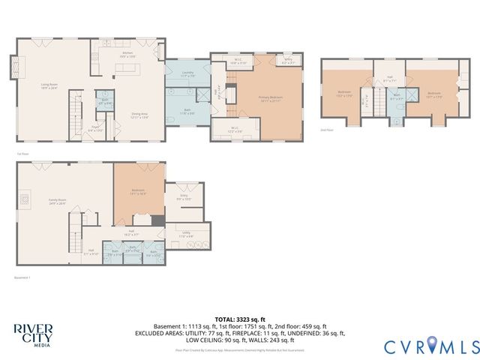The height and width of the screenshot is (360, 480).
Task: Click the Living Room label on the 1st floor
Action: pos(49,85)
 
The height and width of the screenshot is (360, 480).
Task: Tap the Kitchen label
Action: pos(127,55)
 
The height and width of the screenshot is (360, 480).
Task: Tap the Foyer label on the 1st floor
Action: pos(96,129)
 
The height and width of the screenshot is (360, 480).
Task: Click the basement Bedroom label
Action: pos(138,191)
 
